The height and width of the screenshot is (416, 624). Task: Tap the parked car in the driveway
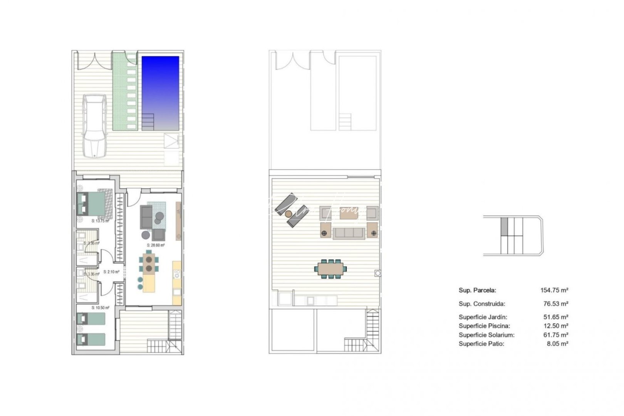pos(95,126)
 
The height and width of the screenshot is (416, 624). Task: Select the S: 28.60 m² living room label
pos(156,245)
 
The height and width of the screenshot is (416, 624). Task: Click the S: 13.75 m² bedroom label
pos(100,221)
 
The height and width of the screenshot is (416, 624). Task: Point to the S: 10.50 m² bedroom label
pos(100,308)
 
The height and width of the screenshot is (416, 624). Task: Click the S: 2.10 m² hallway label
pos(111,272)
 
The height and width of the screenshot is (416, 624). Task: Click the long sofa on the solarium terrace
pos(349,233)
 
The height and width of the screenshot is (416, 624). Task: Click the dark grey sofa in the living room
pos(146,217)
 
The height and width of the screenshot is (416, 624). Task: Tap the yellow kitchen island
pos(149,283)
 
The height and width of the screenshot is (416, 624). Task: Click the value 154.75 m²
pos(554,290)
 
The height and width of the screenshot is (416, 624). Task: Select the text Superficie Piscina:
pos(484,326)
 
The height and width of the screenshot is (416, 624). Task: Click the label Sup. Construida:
pos(481,304)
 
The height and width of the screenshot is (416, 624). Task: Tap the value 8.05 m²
pos(557,344)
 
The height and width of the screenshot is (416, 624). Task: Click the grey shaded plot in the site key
pos(504,227)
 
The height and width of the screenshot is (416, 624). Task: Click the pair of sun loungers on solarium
pos(290,211)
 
